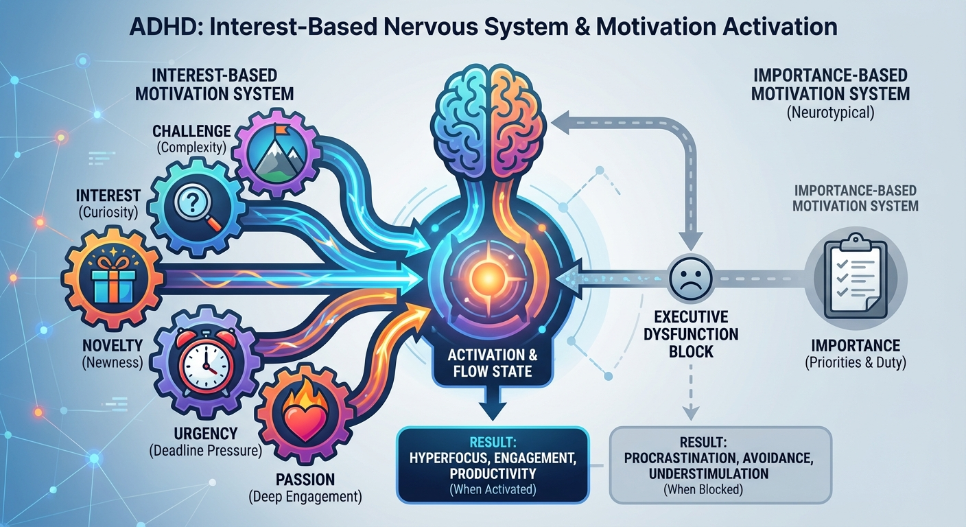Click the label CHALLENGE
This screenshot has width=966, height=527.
[x=191, y=130]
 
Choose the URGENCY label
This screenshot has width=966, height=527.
[x=206, y=433]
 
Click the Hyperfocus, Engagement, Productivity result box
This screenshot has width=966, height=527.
[x=493, y=465]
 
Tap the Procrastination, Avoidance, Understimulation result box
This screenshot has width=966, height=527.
[x=720, y=465]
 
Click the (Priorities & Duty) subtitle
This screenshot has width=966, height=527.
[x=855, y=363]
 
